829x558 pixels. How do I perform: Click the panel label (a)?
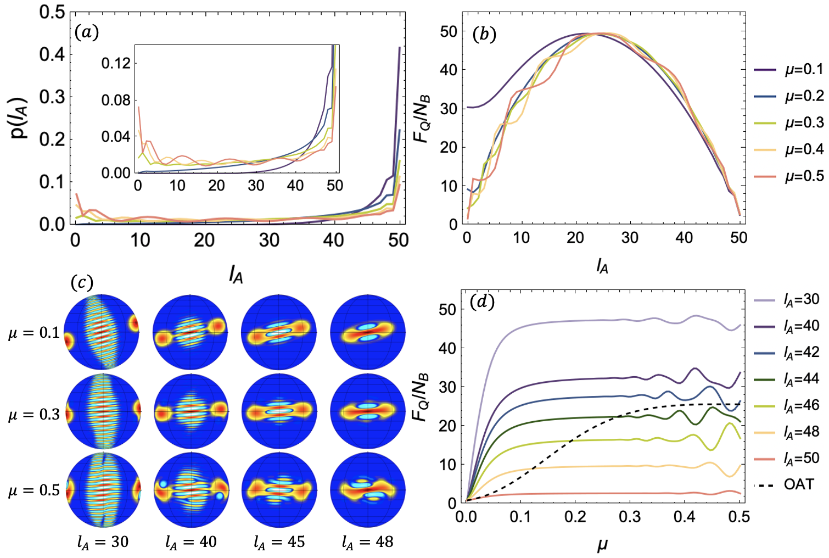click(86, 33)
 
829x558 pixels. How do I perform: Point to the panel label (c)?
click(82, 283)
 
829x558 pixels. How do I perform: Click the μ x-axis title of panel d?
click(602, 545)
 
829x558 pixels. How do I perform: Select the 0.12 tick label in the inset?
click(116, 63)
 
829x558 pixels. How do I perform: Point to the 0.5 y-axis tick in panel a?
click(52, 12)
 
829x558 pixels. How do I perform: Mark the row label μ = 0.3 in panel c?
click(33, 415)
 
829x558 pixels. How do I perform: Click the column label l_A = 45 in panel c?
click(279, 543)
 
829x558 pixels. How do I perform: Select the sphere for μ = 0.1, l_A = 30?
click(102, 332)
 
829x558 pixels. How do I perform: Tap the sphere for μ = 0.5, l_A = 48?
click(367, 489)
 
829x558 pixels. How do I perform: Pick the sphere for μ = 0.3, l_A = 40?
click(191, 411)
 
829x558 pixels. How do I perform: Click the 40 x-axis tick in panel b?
click(684, 238)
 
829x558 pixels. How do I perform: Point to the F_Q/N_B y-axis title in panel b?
click(422, 119)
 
